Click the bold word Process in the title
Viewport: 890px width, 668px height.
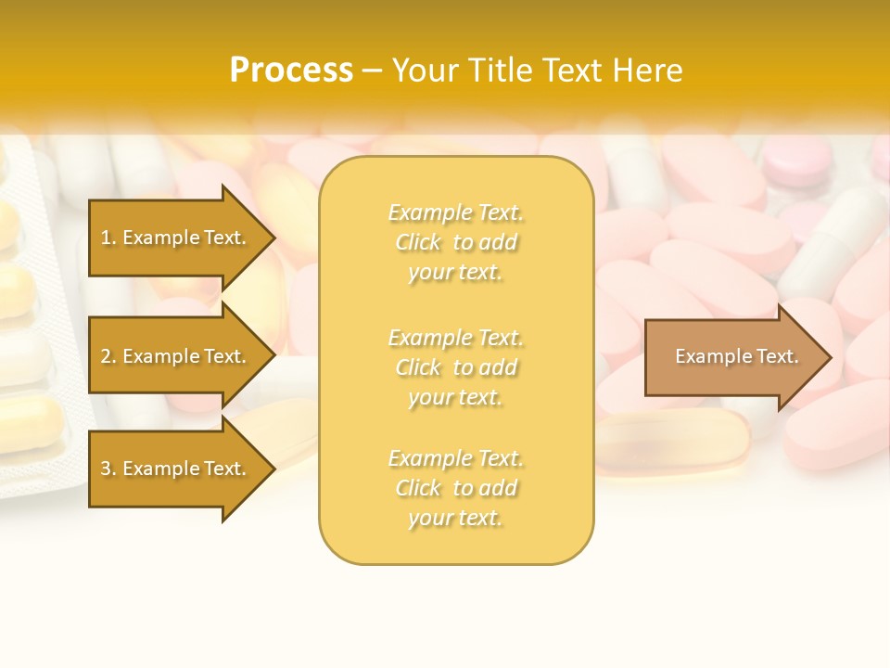[x=291, y=71]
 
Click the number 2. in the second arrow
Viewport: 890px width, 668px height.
[x=108, y=356]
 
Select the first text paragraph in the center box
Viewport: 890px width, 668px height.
[x=456, y=242]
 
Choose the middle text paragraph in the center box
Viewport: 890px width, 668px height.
[x=456, y=367]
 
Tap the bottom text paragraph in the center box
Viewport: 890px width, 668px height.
[x=456, y=488]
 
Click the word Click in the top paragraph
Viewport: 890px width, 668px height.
[x=418, y=243]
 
